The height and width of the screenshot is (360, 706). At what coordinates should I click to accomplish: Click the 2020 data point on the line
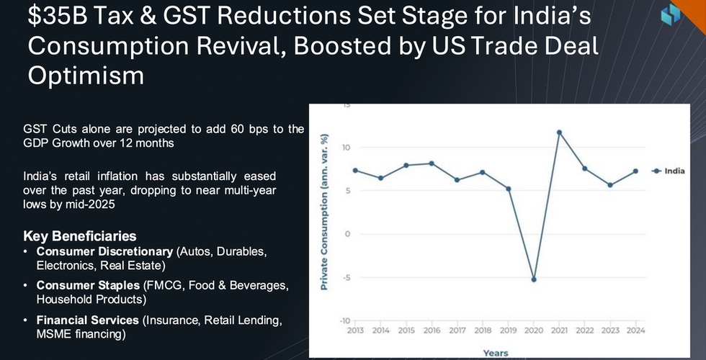tap(534, 279)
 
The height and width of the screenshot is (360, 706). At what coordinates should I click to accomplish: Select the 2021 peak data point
tap(559, 132)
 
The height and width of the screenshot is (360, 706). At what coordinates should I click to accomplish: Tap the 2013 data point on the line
tap(354, 170)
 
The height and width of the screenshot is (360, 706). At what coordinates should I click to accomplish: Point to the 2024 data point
tap(635, 171)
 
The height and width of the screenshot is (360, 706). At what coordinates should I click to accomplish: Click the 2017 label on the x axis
tap(457, 330)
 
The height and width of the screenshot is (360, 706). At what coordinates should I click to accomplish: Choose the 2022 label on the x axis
tap(584, 330)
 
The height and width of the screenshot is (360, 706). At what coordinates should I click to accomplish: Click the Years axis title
tap(495, 353)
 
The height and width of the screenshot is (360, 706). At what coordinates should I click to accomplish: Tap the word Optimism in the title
tap(86, 74)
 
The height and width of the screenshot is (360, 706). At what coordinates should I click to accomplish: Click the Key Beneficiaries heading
tap(80, 236)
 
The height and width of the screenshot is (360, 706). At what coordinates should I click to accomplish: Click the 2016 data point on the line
tap(432, 163)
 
